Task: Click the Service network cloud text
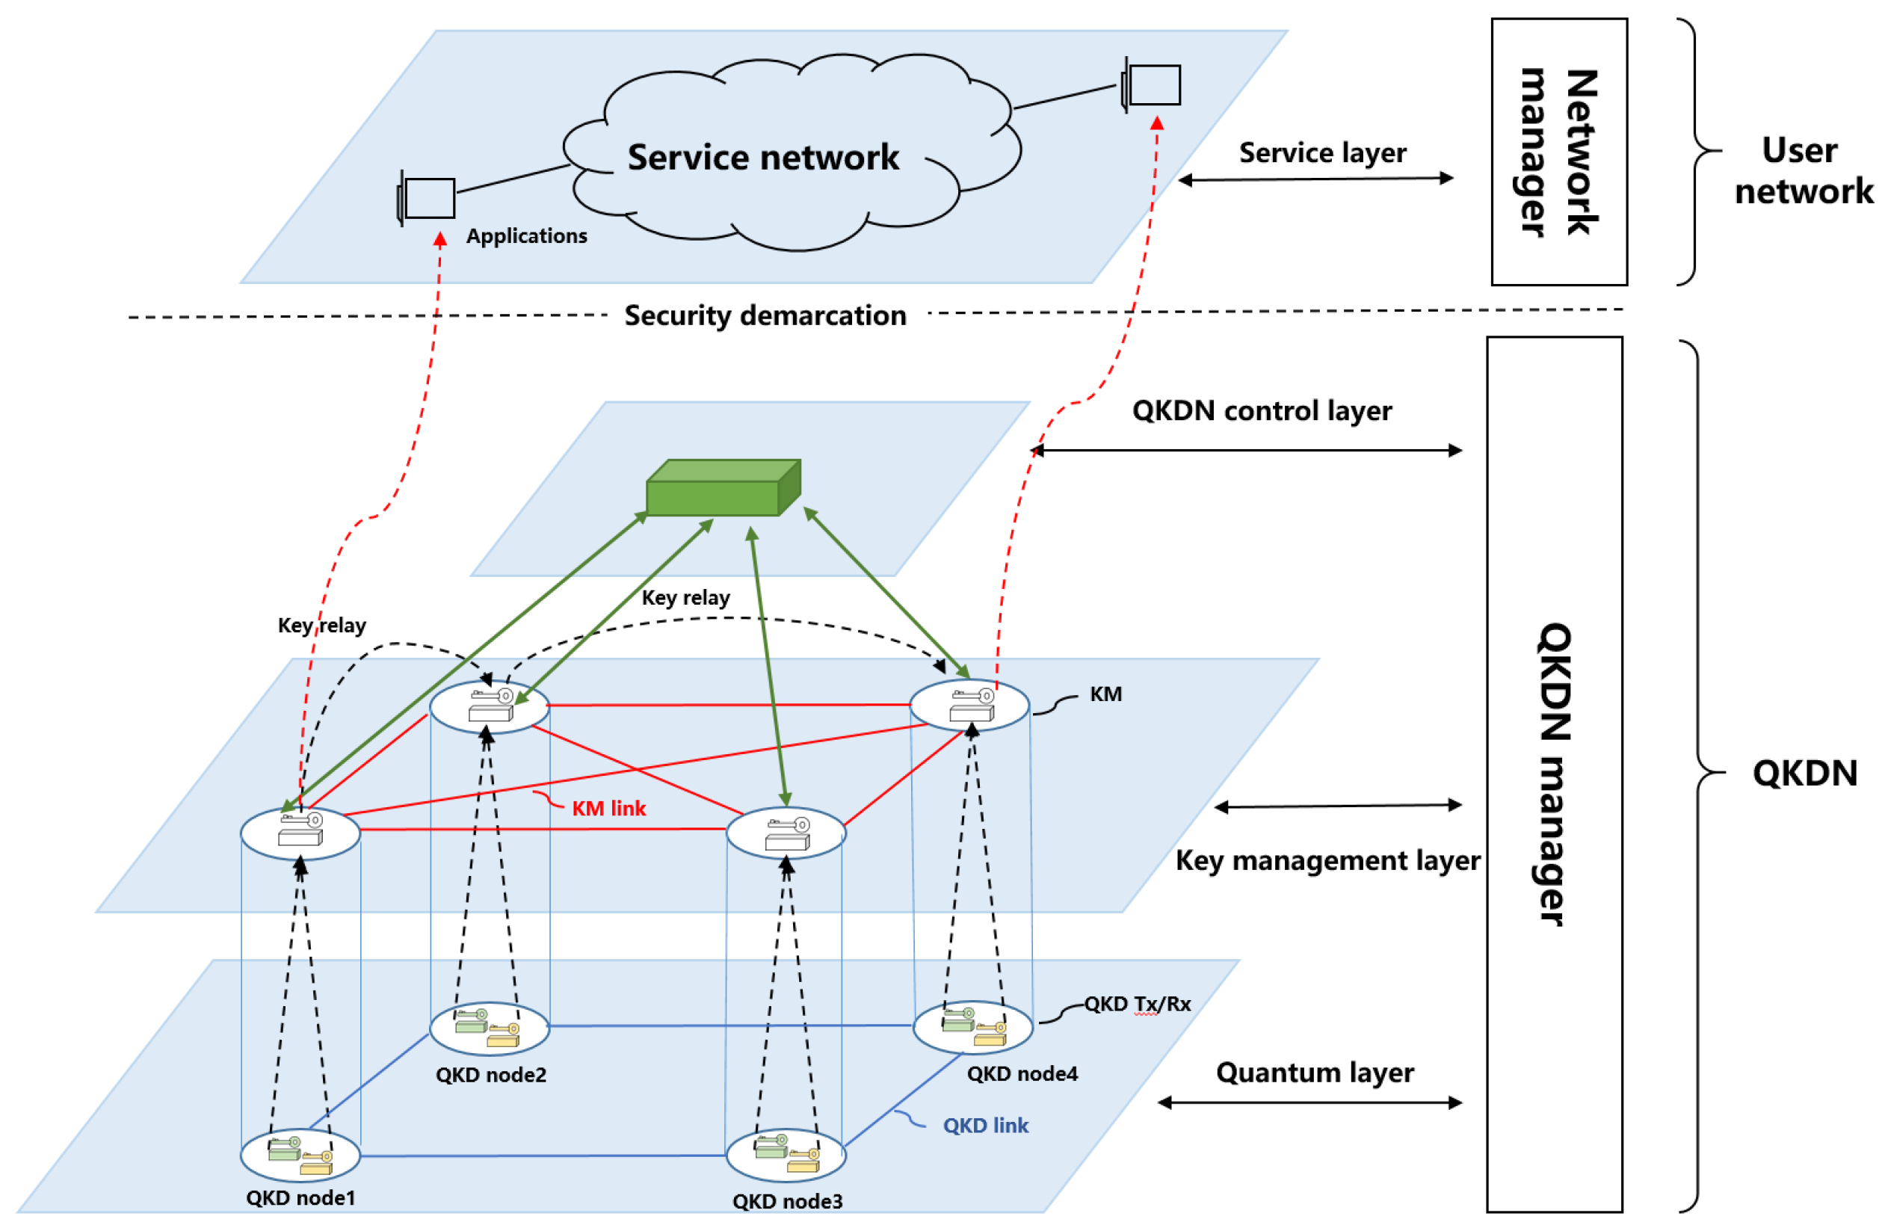762,157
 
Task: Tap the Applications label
527,236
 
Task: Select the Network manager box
1558,151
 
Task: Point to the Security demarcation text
765,316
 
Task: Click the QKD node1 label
300,1197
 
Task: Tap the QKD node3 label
787,1201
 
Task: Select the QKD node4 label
1022,1073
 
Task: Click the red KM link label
608,808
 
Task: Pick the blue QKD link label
985,1125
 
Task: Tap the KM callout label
1105,694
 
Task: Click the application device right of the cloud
1153,84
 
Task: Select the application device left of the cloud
428,198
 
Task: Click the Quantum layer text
1315,1072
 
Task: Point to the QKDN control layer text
1262,410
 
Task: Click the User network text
1803,170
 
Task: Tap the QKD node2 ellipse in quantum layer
490,1028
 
